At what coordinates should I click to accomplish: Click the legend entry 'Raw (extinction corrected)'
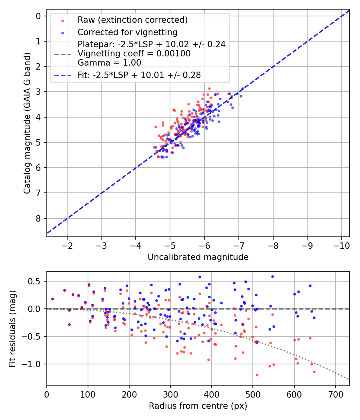(x=132, y=20)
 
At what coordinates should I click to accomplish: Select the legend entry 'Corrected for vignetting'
(x=128, y=32)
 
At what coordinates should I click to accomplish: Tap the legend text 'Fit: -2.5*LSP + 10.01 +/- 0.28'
(x=139, y=75)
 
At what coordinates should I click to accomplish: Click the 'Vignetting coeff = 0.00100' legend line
(x=134, y=54)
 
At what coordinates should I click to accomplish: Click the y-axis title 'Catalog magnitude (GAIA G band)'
(x=27, y=123)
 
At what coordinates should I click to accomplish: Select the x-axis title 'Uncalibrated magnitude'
(x=198, y=257)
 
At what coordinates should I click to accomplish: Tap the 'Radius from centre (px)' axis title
(x=198, y=406)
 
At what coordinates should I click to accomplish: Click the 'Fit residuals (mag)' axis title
(x=12, y=328)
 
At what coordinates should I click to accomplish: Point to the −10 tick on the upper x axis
(x=341, y=244)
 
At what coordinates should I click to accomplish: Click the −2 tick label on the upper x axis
(x=67, y=244)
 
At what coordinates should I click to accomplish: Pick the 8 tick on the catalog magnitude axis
(x=39, y=218)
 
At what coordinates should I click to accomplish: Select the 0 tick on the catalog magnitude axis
(x=39, y=16)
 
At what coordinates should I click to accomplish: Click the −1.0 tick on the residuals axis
(x=34, y=364)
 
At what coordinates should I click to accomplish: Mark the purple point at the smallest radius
(x=52, y=299)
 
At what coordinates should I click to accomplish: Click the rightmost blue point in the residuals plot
(x=314, y=318)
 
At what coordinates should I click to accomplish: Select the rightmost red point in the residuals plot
(x=314, y=372)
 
